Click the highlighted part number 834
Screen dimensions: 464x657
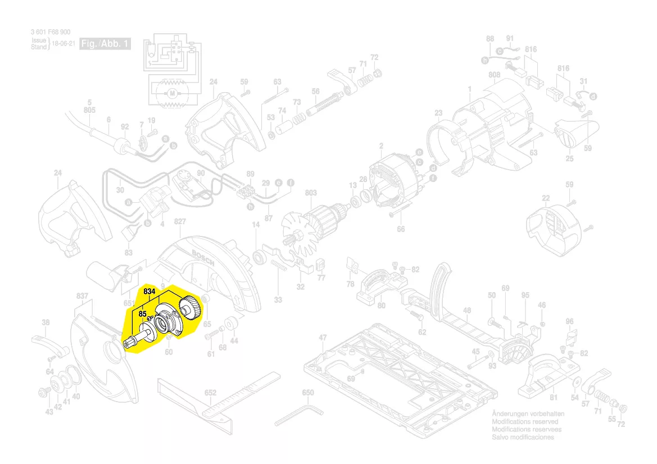click(149, 292)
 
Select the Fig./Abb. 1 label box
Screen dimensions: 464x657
click(106, 44)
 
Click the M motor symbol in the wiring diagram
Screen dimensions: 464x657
click(173, 92)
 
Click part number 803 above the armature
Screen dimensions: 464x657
click(311, 193)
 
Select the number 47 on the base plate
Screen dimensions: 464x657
click(323, 338)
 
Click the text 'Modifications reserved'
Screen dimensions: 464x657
click(525, 421)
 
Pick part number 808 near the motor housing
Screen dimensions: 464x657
click(494, 75)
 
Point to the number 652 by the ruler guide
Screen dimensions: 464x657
click(210, 393)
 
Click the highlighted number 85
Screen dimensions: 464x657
click(143, 314)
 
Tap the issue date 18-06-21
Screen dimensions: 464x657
click(64, 43)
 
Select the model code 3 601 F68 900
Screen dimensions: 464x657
click(51, 33)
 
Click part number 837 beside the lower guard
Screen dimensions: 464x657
click(82, 295)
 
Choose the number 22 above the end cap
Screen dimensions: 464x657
click(546, 198)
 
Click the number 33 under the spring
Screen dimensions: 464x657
click(278, 300)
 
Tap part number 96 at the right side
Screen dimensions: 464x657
click(569, 322)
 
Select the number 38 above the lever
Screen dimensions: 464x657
click(46, 322)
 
